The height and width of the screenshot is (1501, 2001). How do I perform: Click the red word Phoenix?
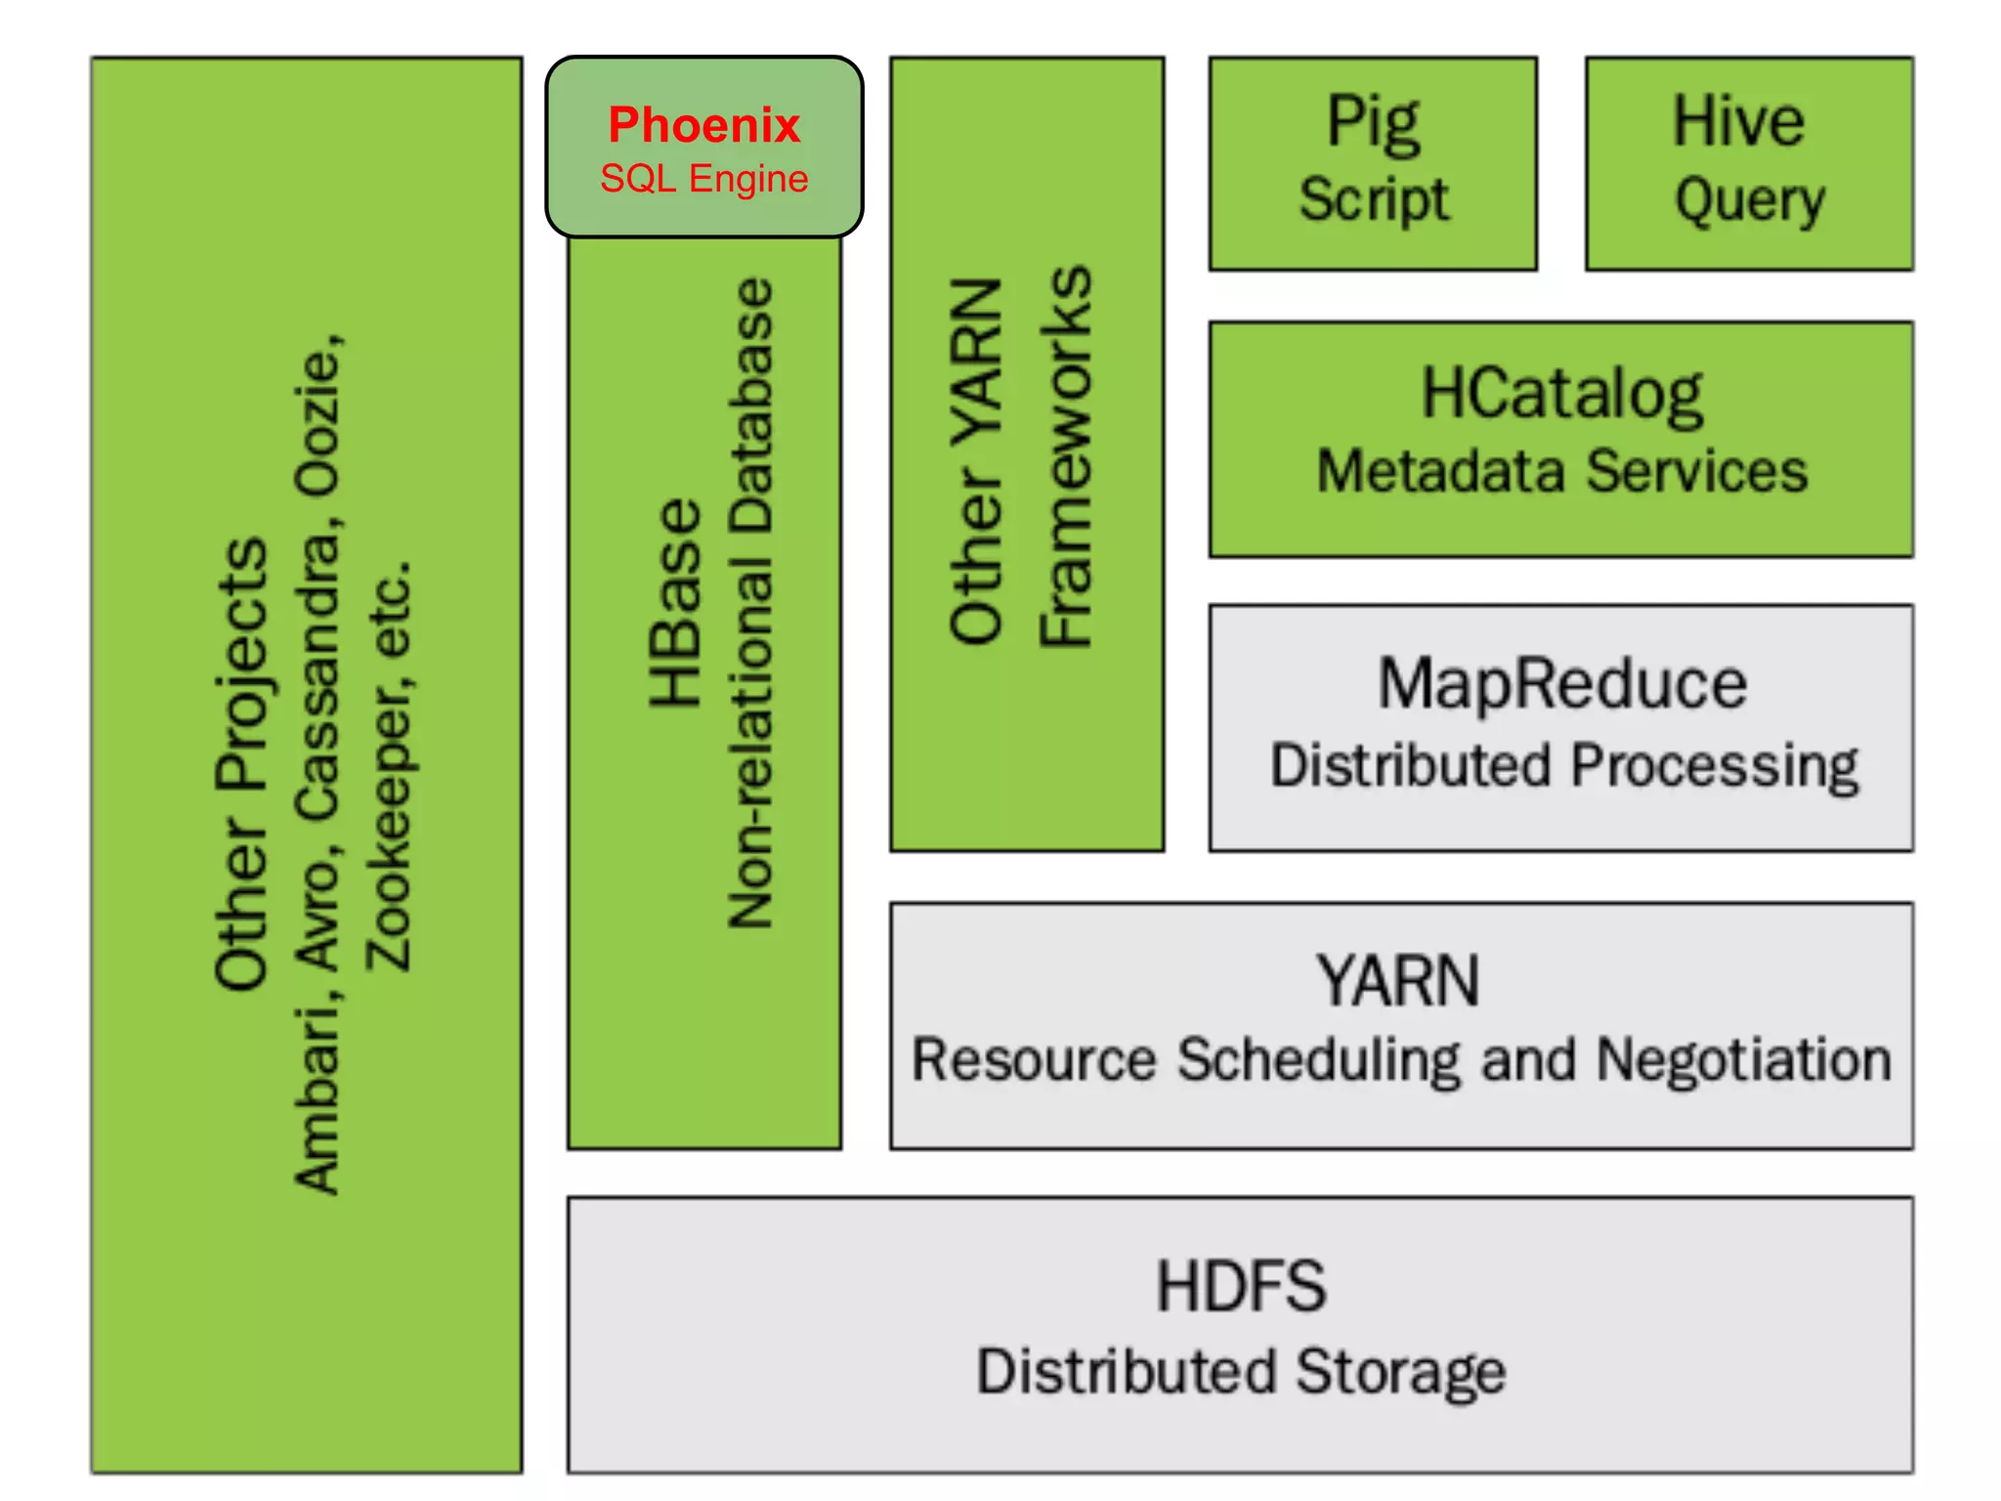pyautogui.click(x=703, y=125)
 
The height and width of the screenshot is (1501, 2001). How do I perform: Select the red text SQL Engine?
pyautogui.click(x=703, y=179)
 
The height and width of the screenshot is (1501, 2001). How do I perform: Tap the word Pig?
pyautogui.click(x=1372, y=123)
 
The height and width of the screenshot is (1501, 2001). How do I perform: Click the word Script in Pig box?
pyautogui.click(x=1373, y=199)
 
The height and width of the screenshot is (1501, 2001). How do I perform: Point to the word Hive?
pyautogui.click(x=1738, y=122)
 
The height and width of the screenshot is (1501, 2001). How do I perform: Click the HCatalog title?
pyautogui.click(x=1560, y=394)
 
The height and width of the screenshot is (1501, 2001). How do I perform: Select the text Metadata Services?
pyautogui.click(x=1561, y=471)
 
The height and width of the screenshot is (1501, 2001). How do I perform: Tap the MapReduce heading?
pyautogui.click(x=1561, y=683)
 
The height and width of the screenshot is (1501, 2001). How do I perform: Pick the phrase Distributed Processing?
pyautogui.click(x=1563, y=765)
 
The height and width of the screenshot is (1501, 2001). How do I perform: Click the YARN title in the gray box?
pyautogui.click(x=1397, y=981)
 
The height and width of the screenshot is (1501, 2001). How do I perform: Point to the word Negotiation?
pyautogui.click(x=1744, y=1060)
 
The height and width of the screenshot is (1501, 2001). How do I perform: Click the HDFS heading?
pyautogui.click(x=1241, y=1286)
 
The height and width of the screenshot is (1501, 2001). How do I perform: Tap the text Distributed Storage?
pyautogui.click(x=1241, y=1371)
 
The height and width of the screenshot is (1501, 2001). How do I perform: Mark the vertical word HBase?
pyautogui.click(x=676, y=602)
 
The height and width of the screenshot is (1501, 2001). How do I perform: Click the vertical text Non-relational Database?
pyautogui.click(x=751, y=602)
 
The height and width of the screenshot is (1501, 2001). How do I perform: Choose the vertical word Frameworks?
pyautogui.click(x=1065, y=455)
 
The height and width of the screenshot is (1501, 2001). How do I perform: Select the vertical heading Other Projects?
pyautogui.click(x=240, y=764)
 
